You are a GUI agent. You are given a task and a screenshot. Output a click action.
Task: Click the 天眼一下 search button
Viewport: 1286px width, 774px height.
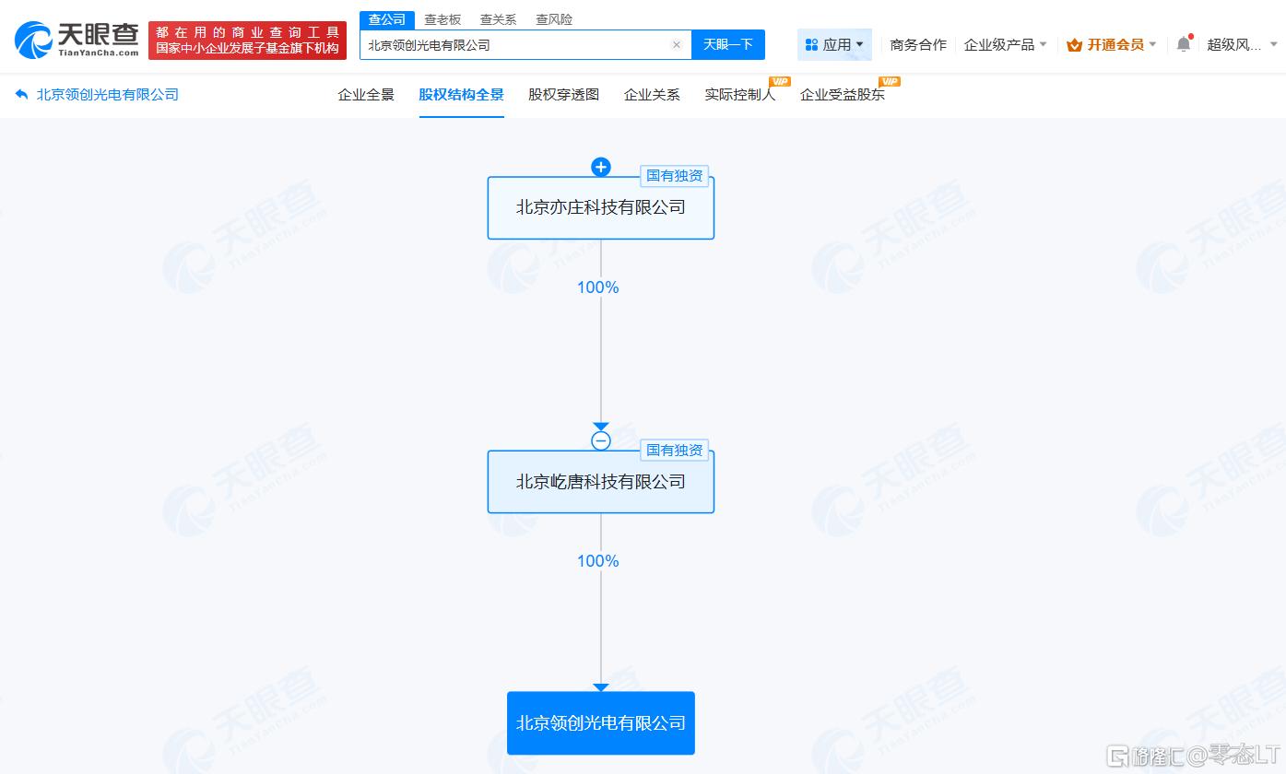point(727,45)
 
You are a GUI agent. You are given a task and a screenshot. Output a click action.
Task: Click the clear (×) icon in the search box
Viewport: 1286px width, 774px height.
point(677,45)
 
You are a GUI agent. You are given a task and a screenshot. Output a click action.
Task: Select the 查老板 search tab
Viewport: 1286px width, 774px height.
point(442,19)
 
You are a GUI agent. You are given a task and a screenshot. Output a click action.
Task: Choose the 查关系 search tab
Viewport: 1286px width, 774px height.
point(498,19)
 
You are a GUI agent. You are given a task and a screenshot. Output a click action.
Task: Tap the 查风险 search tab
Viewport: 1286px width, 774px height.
point(553,19)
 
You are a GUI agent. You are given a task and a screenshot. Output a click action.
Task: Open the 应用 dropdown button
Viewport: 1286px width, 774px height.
point(834,45)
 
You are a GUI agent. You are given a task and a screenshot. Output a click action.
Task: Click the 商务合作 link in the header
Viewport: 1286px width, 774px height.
point(918,45)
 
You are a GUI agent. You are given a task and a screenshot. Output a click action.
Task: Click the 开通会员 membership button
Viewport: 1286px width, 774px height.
point(1110,45)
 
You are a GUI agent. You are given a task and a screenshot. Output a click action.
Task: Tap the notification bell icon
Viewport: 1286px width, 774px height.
point(1184,43)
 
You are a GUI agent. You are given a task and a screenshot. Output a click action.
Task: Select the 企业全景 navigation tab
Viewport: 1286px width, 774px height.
point(366,95)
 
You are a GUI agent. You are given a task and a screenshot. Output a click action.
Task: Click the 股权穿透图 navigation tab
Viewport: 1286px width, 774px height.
point(563,95)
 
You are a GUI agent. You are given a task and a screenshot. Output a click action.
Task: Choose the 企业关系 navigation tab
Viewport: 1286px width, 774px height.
point(652,95)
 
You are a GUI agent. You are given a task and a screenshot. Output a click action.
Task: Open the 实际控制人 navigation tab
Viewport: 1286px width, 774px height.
point(740,95)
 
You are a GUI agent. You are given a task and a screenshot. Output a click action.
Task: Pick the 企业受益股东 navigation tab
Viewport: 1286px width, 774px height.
point(843,95)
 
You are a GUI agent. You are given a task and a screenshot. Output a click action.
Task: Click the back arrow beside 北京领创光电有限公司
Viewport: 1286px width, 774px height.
point(21,94)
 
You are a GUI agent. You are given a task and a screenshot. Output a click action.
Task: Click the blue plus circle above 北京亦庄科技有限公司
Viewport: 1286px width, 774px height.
point(600,167)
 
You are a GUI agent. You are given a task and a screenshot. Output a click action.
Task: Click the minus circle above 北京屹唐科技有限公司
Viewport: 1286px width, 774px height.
point(600,440)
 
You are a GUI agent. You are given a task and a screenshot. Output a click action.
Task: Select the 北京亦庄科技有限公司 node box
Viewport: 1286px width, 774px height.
point(600,207)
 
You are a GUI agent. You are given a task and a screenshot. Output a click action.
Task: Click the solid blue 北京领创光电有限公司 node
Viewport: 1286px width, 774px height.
point(600,723)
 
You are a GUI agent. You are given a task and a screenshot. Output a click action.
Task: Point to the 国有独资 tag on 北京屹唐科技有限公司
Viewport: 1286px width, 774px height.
point(675,451)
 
